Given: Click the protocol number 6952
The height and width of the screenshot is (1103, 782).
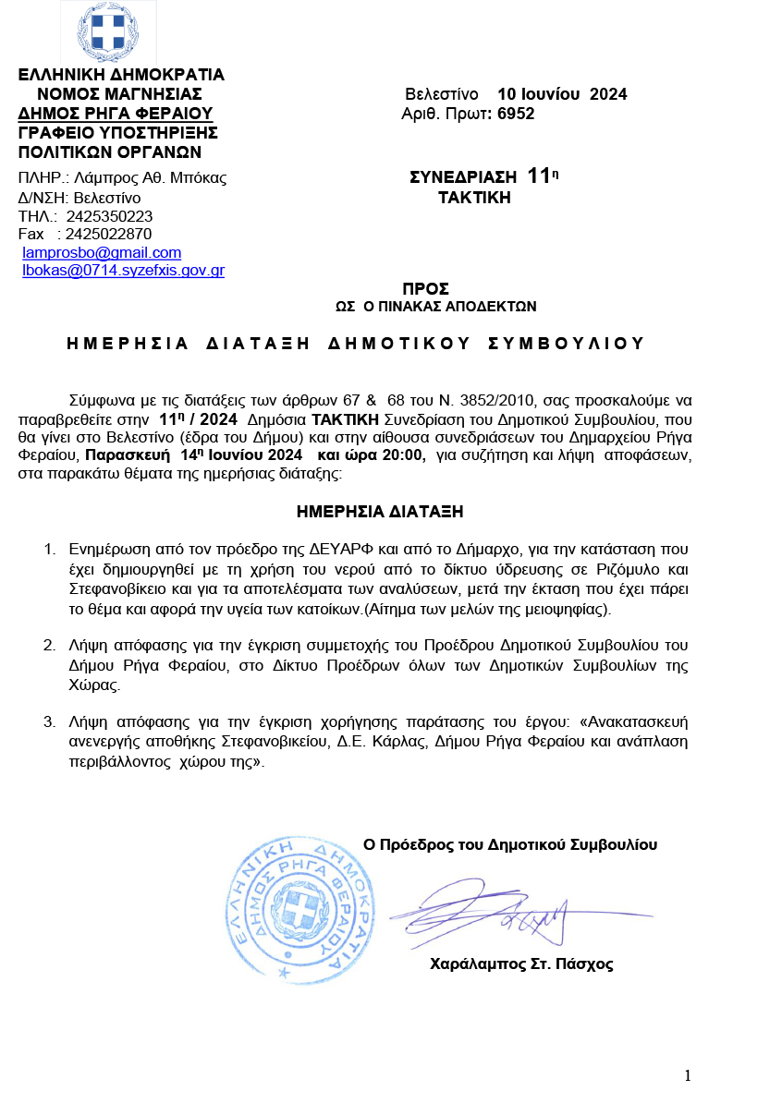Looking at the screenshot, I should pos(516,114).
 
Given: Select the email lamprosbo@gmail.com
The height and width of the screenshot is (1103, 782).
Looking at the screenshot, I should pos(102,252).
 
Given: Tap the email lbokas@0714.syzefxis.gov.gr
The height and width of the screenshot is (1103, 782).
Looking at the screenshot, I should pos(123,271).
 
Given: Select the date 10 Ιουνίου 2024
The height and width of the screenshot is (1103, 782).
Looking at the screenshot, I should pos(562,94).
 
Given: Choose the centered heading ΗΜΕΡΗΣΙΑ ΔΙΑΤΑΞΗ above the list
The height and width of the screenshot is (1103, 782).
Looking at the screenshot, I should pos(380,511).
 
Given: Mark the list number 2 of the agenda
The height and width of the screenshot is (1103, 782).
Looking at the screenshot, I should pos(51,644).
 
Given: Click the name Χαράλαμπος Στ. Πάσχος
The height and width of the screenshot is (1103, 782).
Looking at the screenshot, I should pos(521,964).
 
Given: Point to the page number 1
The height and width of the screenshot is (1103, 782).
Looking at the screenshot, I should pos(688,1074).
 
